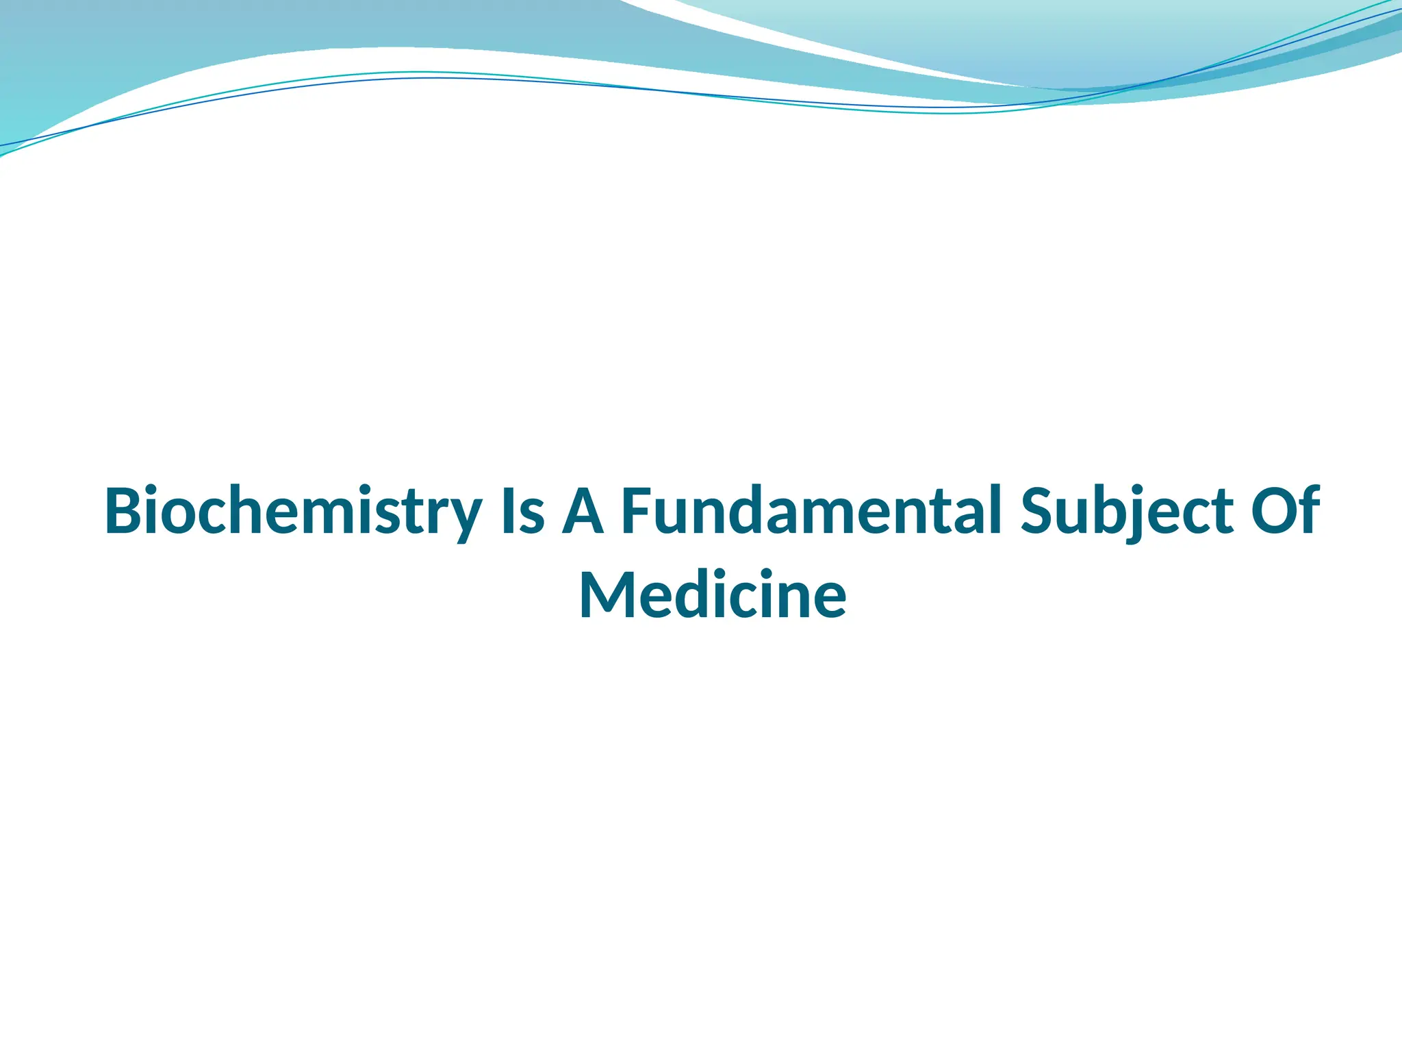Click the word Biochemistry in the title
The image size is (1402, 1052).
point(293,512)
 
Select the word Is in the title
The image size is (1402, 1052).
point(523,512)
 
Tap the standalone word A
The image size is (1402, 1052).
point(583,512)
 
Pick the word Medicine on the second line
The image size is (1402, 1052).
point(713,595)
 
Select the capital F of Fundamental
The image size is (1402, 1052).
point(637,512)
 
